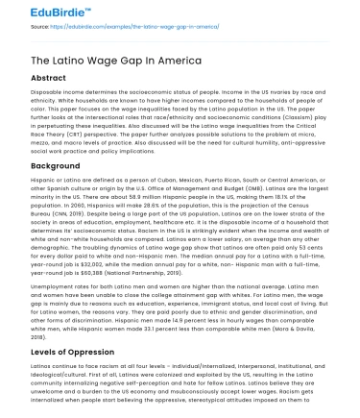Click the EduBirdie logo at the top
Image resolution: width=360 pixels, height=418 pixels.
pyautogui.click(x=37, y=13)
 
